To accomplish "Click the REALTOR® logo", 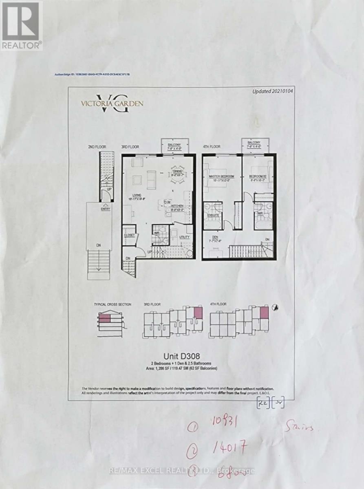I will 21,25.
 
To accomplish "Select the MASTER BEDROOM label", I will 220,176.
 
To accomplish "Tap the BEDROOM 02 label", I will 257,176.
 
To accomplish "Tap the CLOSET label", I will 130,235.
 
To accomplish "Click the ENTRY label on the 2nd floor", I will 106,209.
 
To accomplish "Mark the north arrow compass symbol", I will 275,307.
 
